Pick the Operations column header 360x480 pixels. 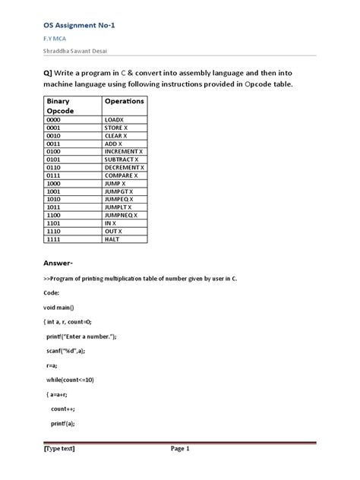(x=124, y=101)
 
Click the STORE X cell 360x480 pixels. (x=117, y=128)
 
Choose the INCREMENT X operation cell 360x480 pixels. (x=124, y=152)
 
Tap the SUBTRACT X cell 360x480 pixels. (x=122, y=159)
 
